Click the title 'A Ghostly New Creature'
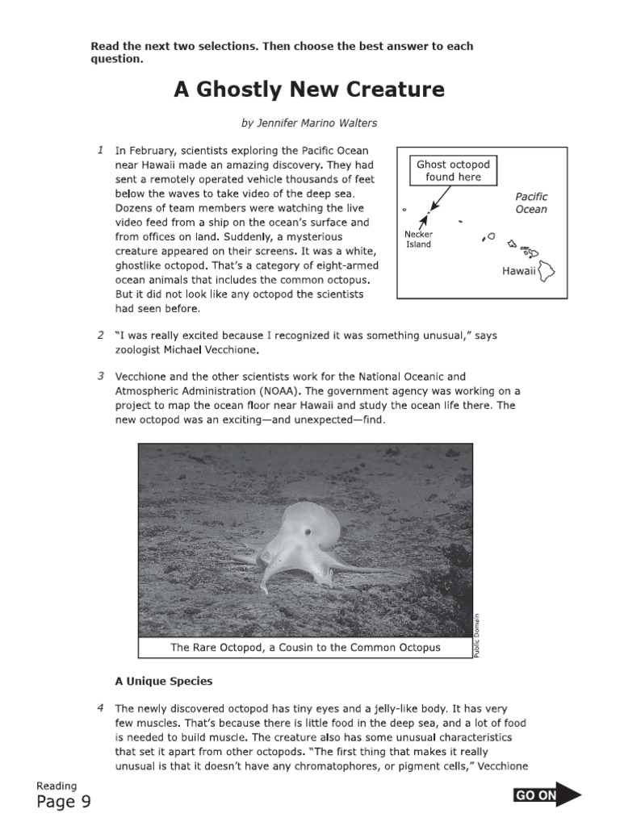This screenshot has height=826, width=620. pyautogui.click(x=309, y=90)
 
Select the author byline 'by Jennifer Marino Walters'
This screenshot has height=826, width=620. pyautogui.click(x=309, y=123)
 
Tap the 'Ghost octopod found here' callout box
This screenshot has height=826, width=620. pyautogui.click(x=453, y=170)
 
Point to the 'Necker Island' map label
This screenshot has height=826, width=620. pyautogui.click(x=418, y=240)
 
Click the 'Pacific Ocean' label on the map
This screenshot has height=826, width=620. pyautogui.click(x=531, y=203)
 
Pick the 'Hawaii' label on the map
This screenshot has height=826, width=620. pyautogui.click(x=518, y=271)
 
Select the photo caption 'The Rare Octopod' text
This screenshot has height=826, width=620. pyautogui.click(x=305, y=648)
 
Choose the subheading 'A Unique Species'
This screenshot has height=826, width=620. pyautogui.click(x=164, y=681)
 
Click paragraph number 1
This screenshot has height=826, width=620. pyautogui.click(x=100, y=150)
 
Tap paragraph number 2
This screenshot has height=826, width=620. pyautogui.click(x=100, y=335)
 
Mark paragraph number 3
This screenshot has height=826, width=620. pyautogui.click(x=100, y=376)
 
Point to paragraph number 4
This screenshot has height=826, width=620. pyautogui.click(x=100, y=708)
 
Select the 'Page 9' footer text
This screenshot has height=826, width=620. pyautogui.click(x=64, y=801)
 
